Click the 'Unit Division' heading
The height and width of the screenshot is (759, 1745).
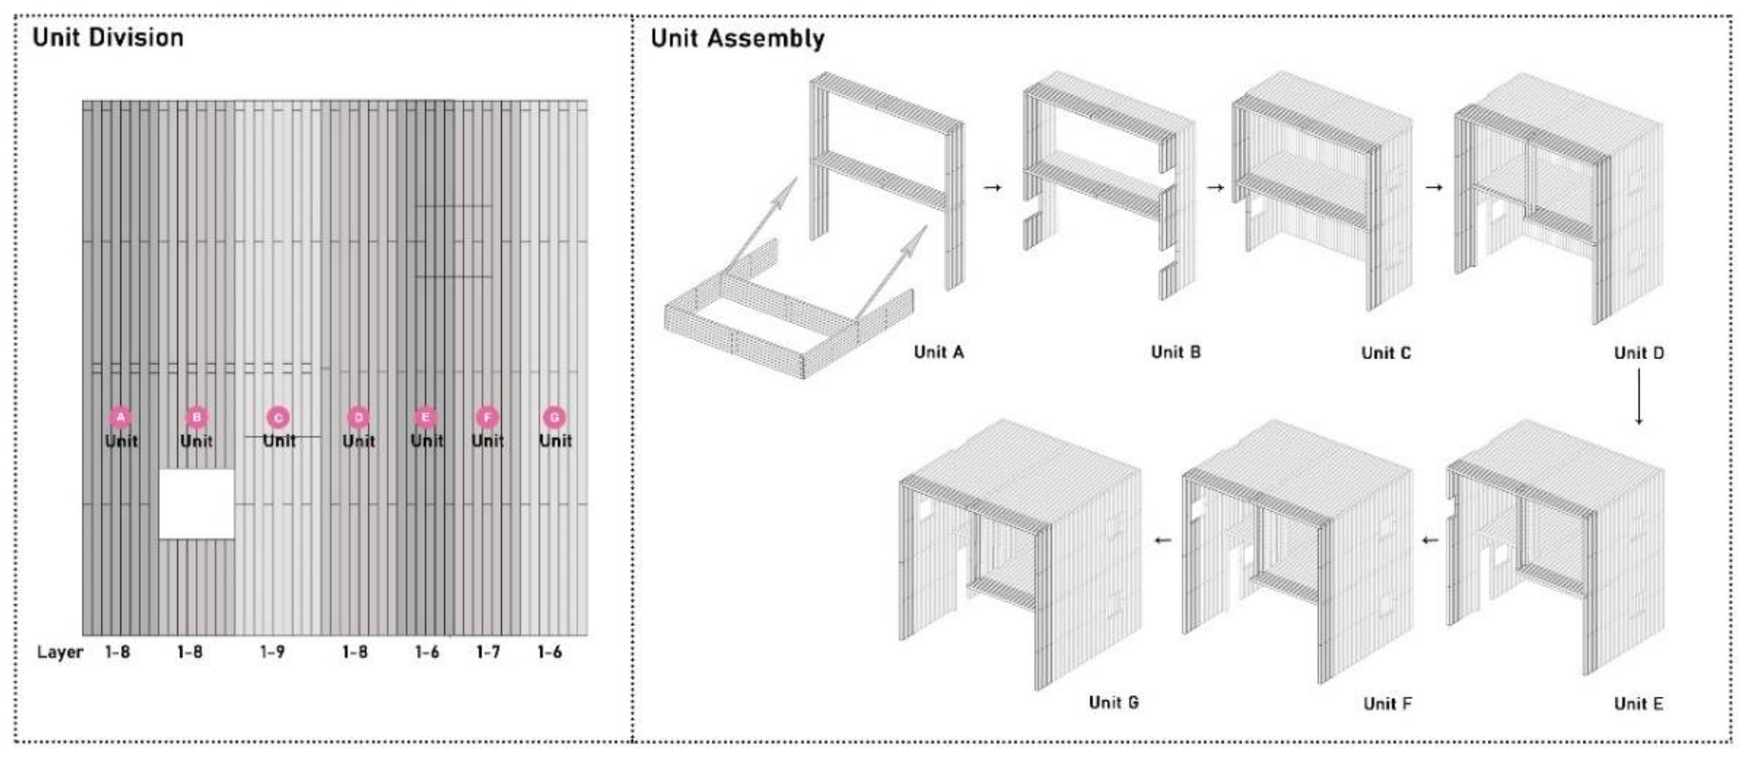108,37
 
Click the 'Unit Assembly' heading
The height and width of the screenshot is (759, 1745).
738,39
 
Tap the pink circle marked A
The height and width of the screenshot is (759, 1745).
121,417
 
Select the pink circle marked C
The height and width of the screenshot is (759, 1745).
278,417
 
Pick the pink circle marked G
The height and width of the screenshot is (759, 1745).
554,417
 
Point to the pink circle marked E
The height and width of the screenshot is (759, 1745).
426,417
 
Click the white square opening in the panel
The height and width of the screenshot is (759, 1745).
196,504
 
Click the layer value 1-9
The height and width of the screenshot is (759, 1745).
272,652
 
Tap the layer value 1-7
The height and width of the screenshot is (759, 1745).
488,652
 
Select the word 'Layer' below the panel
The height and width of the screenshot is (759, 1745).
60,652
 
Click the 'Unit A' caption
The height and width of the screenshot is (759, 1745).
939,352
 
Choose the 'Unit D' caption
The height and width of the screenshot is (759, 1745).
1639,352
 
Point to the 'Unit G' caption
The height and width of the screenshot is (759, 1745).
1114,702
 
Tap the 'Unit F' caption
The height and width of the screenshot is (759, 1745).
1388,704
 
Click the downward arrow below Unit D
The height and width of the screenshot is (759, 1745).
1639,396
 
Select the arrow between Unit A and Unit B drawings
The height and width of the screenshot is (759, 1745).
992,187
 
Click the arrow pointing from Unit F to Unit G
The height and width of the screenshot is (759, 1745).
1163,540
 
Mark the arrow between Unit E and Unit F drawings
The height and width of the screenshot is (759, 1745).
1430,540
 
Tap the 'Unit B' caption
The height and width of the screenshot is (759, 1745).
1176,352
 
